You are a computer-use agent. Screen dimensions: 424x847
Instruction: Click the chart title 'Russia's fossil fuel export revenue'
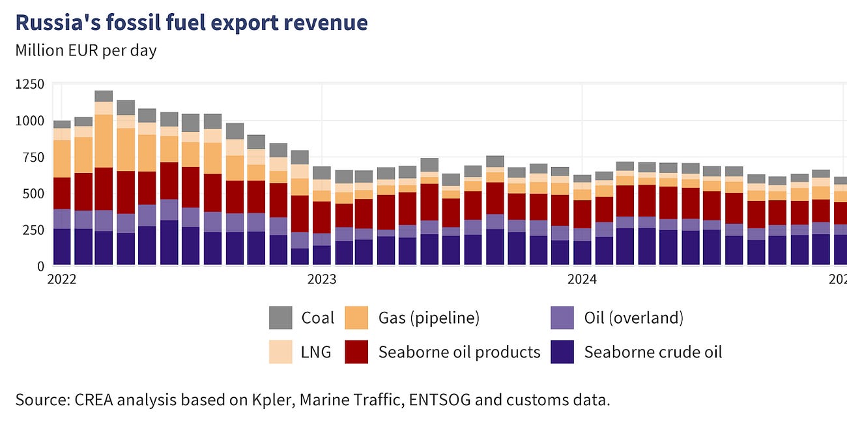coord(191,23)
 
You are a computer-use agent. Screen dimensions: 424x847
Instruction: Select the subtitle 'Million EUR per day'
coord(85,50)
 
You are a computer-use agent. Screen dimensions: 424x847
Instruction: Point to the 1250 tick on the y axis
coord(30,84)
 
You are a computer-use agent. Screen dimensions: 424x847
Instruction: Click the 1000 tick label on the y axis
coord(30,121)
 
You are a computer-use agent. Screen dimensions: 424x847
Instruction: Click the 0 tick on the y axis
coord(40,266)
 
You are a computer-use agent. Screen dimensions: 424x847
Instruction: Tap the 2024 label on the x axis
coord(582,280)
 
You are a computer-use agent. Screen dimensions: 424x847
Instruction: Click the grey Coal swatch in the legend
coord(280,318)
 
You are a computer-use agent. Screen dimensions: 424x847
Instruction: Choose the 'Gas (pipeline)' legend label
coord(429,318)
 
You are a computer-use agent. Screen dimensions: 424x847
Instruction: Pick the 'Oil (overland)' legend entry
coord(633,318)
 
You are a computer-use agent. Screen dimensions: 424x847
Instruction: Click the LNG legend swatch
coord(280,352)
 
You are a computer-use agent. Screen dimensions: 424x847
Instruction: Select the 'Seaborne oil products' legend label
coord(459,352)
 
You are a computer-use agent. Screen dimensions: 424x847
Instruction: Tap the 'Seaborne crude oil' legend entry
coord(653,352)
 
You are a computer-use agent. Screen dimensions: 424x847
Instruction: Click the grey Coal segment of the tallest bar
coord(104,96)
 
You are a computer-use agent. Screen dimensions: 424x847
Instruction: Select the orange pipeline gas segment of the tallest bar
coord(104,141)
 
